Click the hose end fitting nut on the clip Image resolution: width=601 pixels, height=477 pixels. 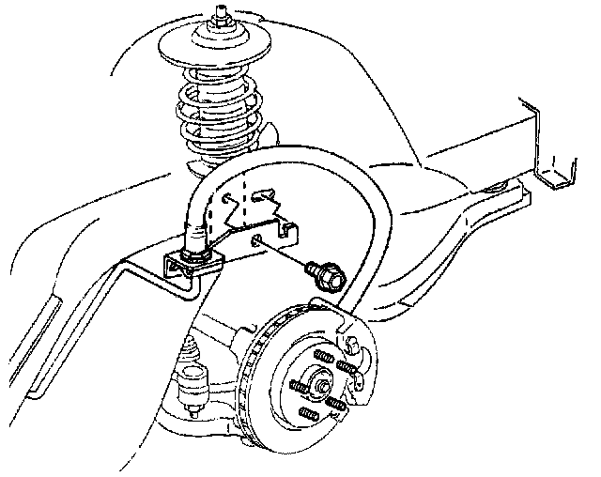pyautogui.click(x=193, y=246)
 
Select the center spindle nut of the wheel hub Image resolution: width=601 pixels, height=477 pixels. pyautogui.click(x=323, y=382)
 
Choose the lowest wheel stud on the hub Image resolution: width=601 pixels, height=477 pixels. pyautogui.click(x=307, y=414)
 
